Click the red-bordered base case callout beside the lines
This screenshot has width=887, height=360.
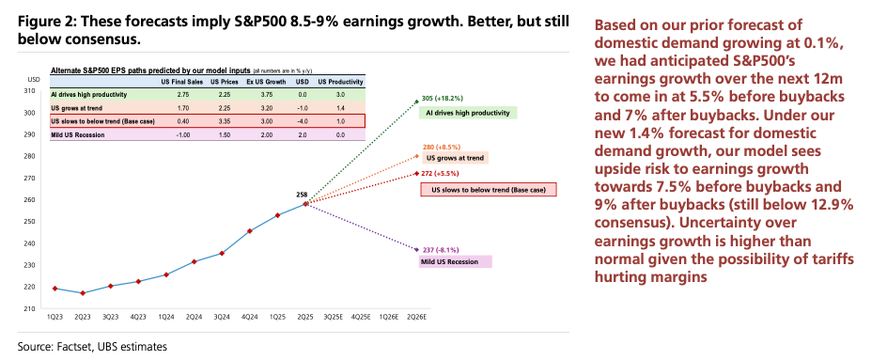point(488,190)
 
